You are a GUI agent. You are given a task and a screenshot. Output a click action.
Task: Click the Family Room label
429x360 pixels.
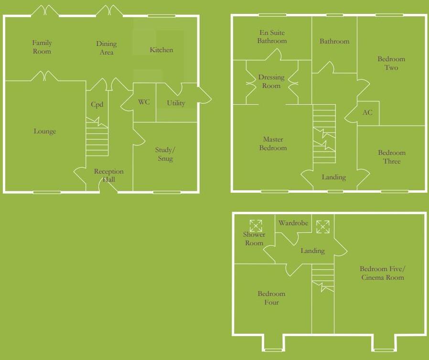(42, 47)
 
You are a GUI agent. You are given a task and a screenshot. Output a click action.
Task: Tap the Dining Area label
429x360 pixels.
(106, 48)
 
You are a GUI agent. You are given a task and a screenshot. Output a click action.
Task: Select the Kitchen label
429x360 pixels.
(161, 50)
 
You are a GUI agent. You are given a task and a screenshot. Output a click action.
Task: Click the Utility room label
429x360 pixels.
(176, 103)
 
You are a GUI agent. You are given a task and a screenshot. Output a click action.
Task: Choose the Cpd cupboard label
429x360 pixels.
(97, 105)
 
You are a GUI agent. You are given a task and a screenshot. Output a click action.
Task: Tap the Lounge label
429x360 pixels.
(45, 131)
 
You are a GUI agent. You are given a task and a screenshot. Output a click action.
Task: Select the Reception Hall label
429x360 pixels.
(108, 175)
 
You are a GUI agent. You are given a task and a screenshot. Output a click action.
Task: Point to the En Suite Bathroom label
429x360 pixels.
(272, 37)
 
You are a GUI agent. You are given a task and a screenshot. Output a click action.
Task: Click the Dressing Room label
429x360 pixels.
(271, 81)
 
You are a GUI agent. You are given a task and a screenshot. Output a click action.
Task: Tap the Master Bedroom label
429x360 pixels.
(273, 143)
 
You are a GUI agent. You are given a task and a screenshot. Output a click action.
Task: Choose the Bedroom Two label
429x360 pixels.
(391, 63)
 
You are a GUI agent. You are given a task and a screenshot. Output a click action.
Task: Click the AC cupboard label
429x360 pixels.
(367, 113)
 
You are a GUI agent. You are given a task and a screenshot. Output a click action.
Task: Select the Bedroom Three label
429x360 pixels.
(392, 157)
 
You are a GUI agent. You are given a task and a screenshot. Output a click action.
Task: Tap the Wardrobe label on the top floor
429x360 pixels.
(293, 223)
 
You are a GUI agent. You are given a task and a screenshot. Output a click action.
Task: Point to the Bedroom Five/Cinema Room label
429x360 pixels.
(382, 273)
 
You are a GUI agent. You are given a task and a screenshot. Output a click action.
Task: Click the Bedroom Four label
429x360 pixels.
(271, 298)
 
